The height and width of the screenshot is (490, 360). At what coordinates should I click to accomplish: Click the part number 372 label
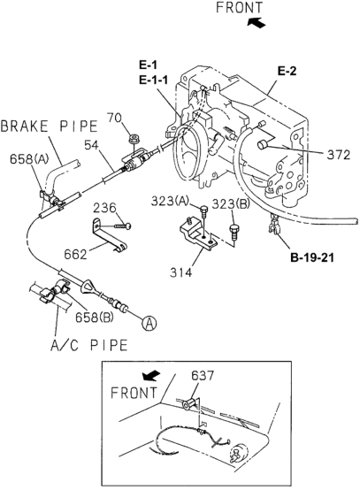[x=339, y=155]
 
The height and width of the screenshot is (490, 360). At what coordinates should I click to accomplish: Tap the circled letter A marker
[x=149, y=323]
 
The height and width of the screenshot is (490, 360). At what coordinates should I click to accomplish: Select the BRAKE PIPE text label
[x=50, y=126]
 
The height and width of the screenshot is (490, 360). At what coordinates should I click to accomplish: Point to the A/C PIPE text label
[x=89, y=345]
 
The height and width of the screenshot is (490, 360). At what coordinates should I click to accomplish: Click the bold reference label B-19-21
[x=312, y=257]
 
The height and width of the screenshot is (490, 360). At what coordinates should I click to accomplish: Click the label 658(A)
[x=29, y=158]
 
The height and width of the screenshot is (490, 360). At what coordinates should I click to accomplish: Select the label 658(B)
[x=94, y=317]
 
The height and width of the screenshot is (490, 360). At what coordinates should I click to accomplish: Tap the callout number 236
[x=104, y=208]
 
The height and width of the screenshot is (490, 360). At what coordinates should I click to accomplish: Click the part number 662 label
[x=75, y=255]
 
